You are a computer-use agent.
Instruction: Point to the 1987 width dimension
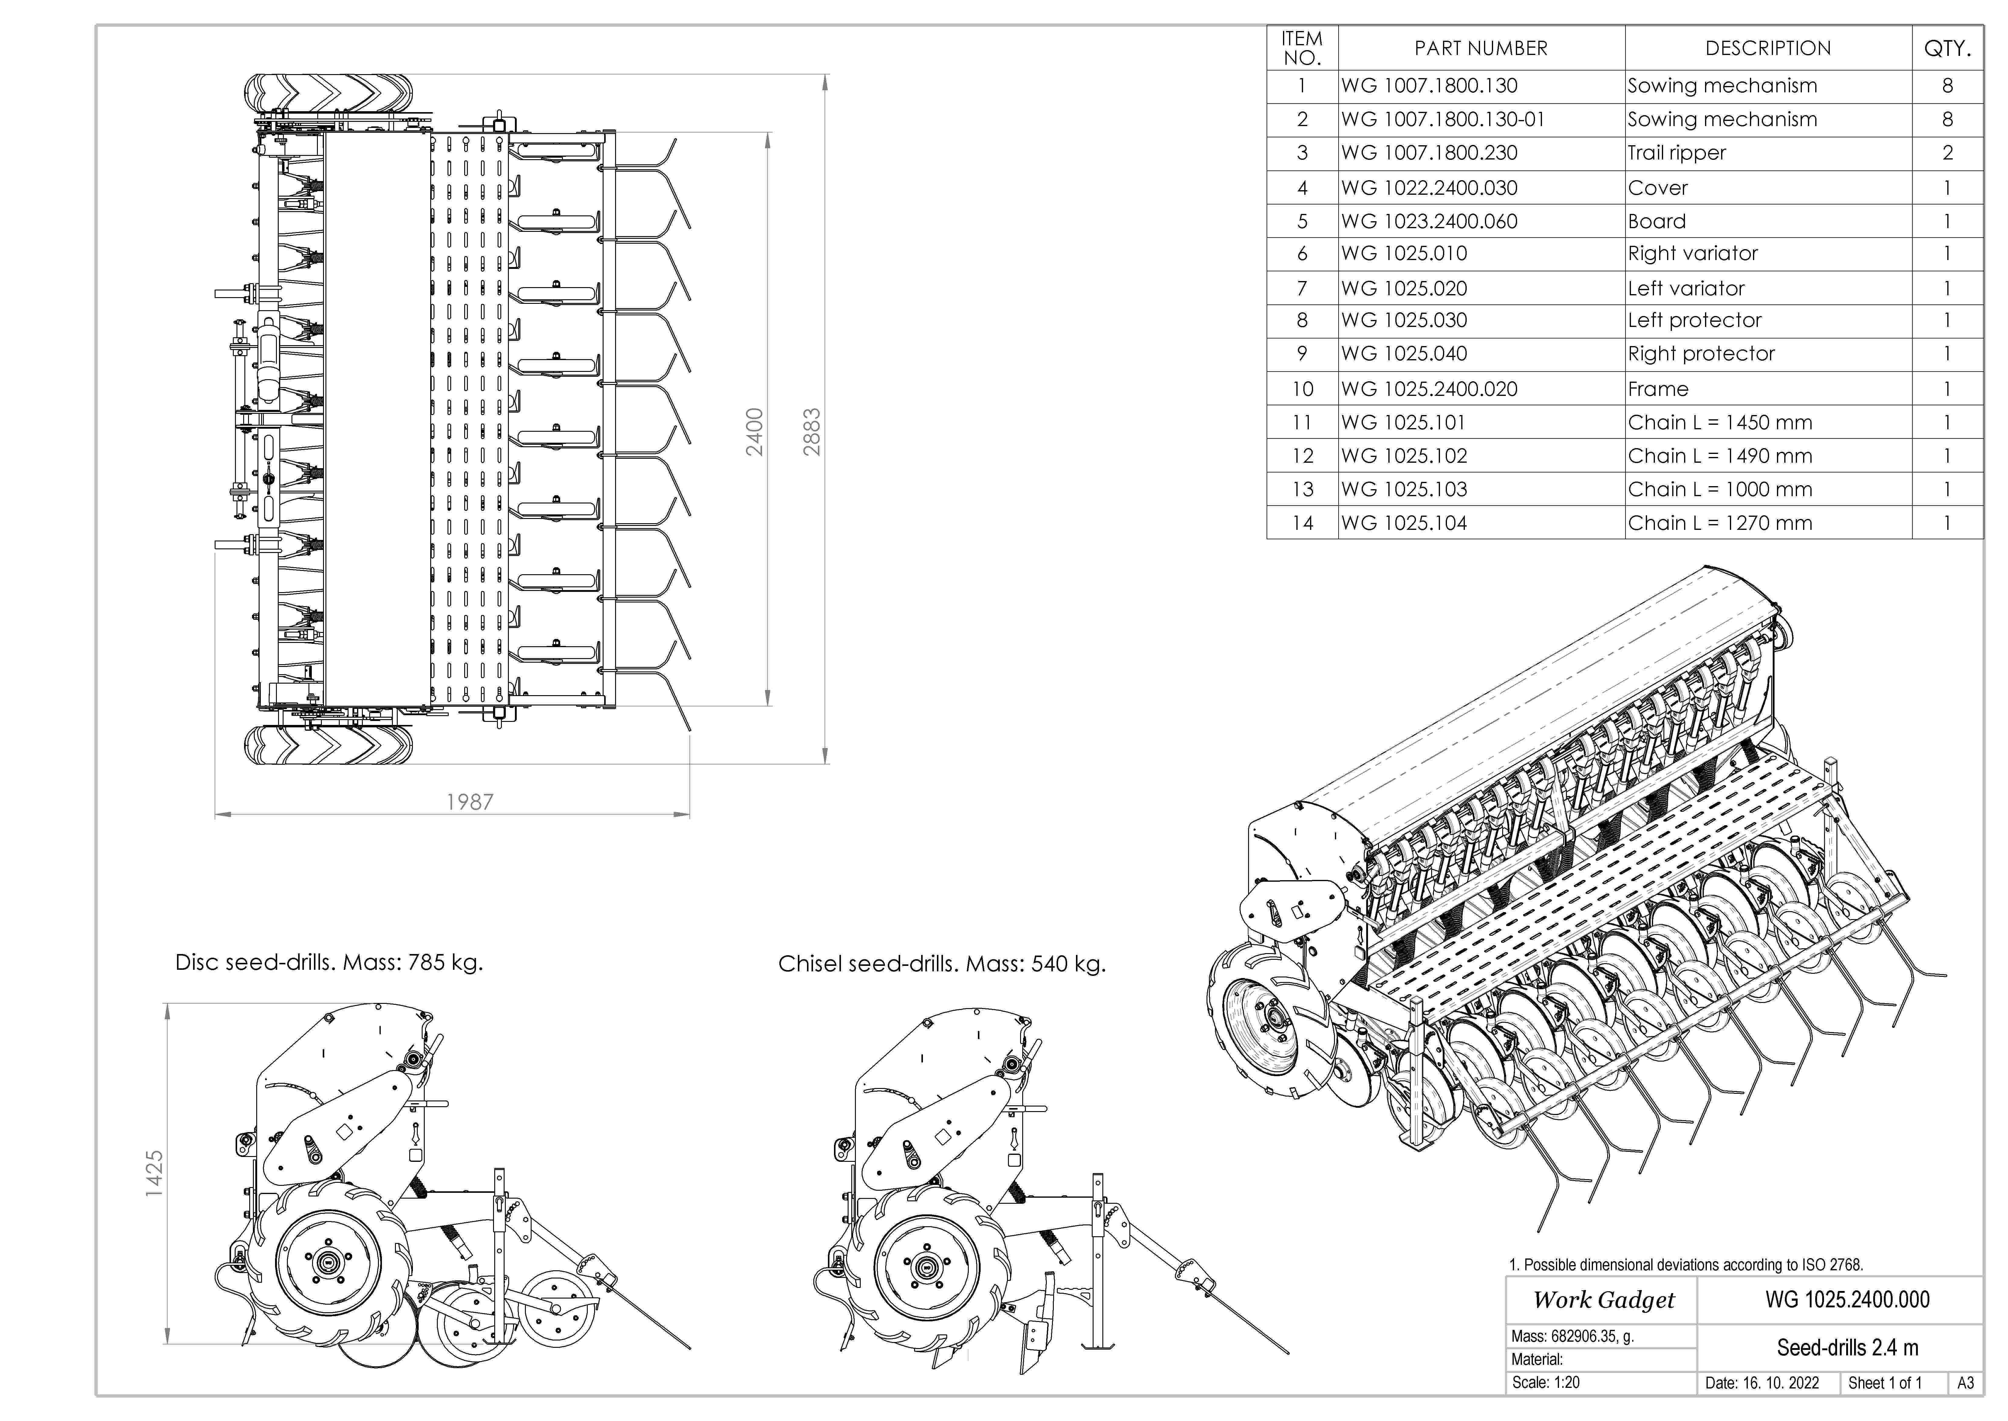470,801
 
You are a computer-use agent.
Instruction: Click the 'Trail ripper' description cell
1676,153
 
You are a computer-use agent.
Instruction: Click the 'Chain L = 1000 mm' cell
1719,489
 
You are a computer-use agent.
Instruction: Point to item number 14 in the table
1302,523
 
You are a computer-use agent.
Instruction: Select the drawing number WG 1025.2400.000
1847,1299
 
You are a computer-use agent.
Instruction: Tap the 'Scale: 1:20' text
1546,1382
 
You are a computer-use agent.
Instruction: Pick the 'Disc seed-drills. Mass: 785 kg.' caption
329,963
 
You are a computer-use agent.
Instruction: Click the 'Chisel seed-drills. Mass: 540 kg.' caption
942,964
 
